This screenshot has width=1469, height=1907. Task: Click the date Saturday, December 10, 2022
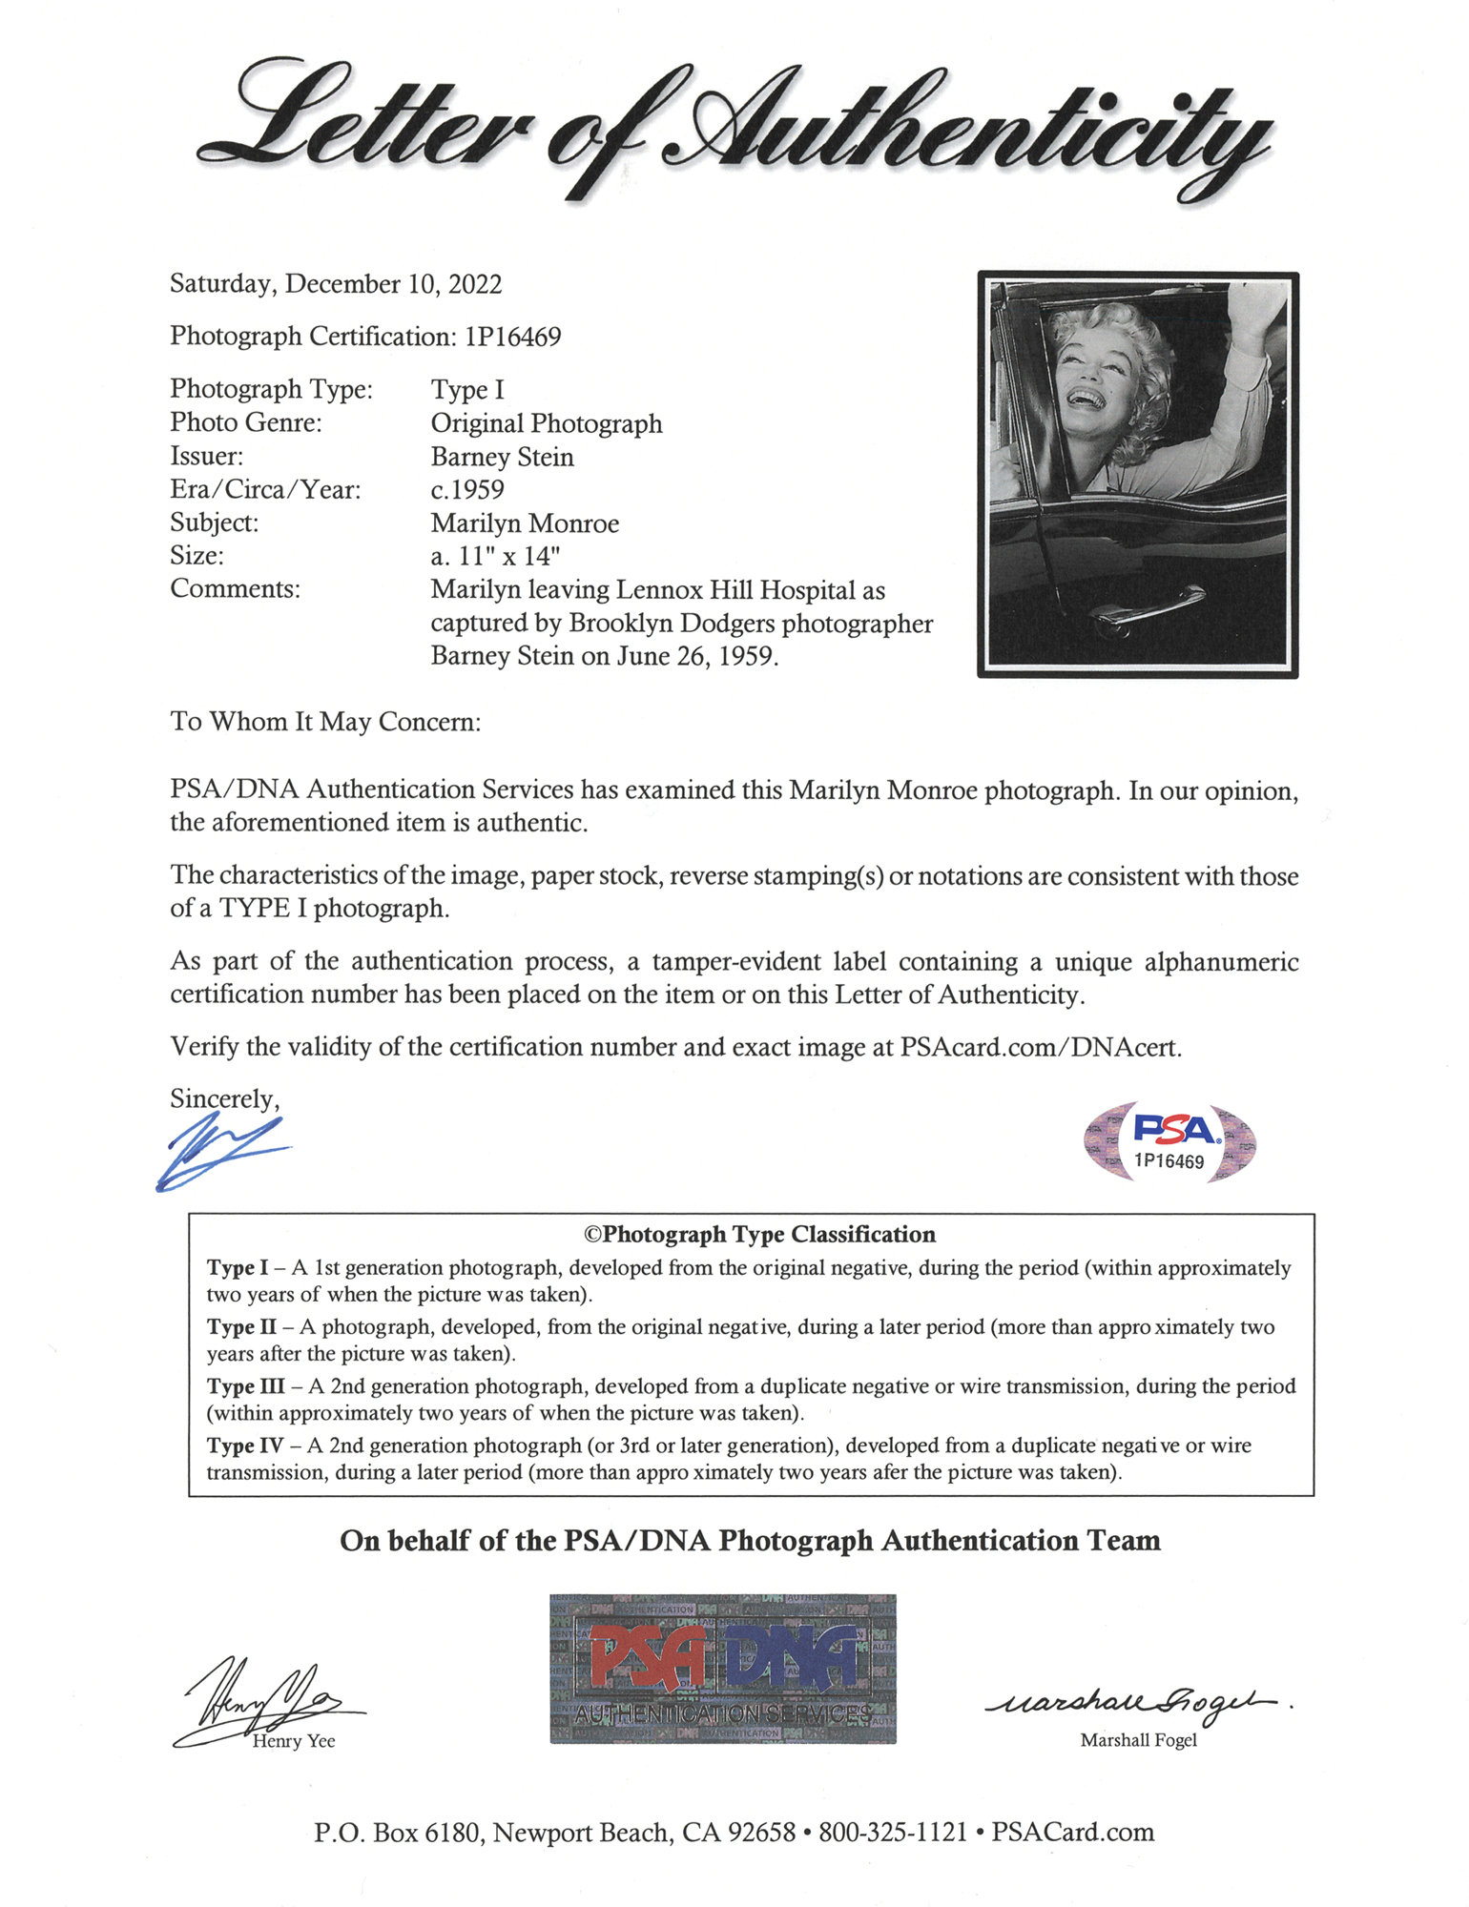(x=336, y=284)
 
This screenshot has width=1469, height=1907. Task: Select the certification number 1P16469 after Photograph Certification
(x=513, y=337)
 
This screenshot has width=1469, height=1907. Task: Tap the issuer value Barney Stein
(x=502, y=457)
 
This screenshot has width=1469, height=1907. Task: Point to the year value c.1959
(x=467, y=490)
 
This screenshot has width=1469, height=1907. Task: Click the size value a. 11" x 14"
(x=495, y=556)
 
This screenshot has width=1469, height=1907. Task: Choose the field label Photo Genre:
(x=246, y=422)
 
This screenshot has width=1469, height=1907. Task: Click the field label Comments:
(x=235, y=589)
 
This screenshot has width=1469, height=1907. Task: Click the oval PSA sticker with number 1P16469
(x=1169, y=1141)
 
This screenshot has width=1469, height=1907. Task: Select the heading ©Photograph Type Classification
(x=759, y=1235)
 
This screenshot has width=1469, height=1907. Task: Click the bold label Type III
(x=245, y=1386)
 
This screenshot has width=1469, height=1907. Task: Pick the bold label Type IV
(x=244, y=1446)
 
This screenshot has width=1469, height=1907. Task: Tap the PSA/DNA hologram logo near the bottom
(x=723, y=1669)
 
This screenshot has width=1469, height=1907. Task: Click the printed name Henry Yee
(x=294, y=1741)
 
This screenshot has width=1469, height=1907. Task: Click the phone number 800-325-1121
(x=893, y=1833)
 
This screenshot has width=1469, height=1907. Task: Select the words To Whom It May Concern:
(x=325, y=722)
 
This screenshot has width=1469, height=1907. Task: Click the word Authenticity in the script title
(x=963, y=129)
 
